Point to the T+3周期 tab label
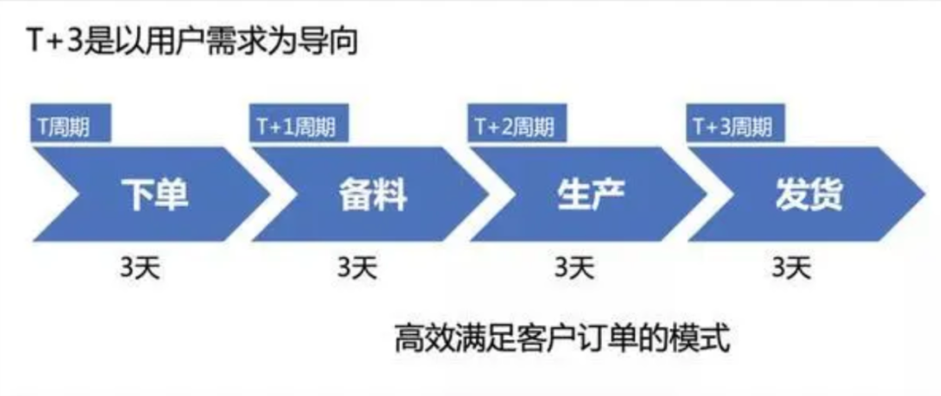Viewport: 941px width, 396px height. coord(731,127)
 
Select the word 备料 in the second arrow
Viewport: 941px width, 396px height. coord(372,195)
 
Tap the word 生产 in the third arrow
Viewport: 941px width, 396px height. coord(590,195)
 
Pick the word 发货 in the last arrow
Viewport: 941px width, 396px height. coord(808,195)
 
